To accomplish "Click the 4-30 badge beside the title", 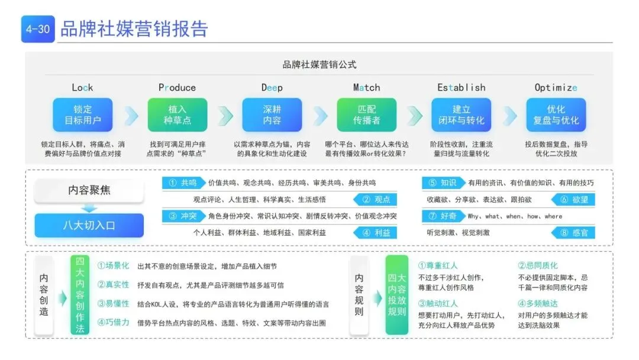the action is [38, 29].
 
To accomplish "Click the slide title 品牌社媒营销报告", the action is [134, 29].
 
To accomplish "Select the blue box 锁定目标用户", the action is [82, 115].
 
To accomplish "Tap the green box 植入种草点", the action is [177, 115].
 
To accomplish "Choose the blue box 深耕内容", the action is [272, 115].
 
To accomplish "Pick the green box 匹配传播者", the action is [366, 115].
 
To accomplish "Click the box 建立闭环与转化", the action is [461, 115].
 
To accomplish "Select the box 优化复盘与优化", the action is [556, 115].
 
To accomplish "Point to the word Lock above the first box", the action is [82, 88].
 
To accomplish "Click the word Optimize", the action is [556, 88].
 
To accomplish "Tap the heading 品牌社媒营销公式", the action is [319, 65].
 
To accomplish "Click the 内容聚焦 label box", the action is [89, 191].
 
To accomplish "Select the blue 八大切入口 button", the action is [89, 225].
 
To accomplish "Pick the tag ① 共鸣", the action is [183, 183].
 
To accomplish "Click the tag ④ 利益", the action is [375, 233].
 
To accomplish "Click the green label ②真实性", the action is [113, 285].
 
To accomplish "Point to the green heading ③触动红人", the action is [438, 304].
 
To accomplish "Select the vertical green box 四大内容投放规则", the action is [396, 294].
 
